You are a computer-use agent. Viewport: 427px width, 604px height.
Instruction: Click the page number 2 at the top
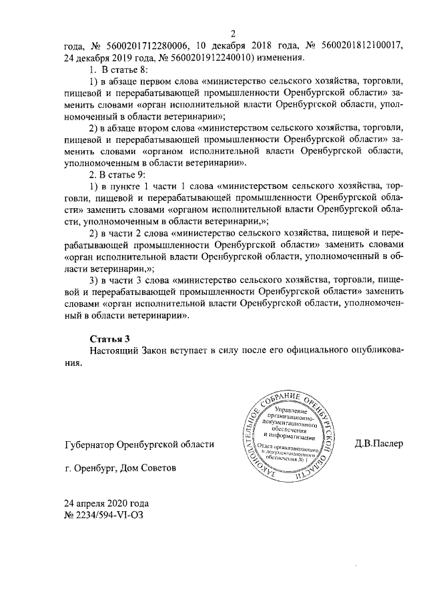point(234,34)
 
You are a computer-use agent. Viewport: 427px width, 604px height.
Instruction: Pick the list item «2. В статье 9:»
point(119,176)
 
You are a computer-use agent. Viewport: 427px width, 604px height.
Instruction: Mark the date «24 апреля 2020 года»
point(106,503)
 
